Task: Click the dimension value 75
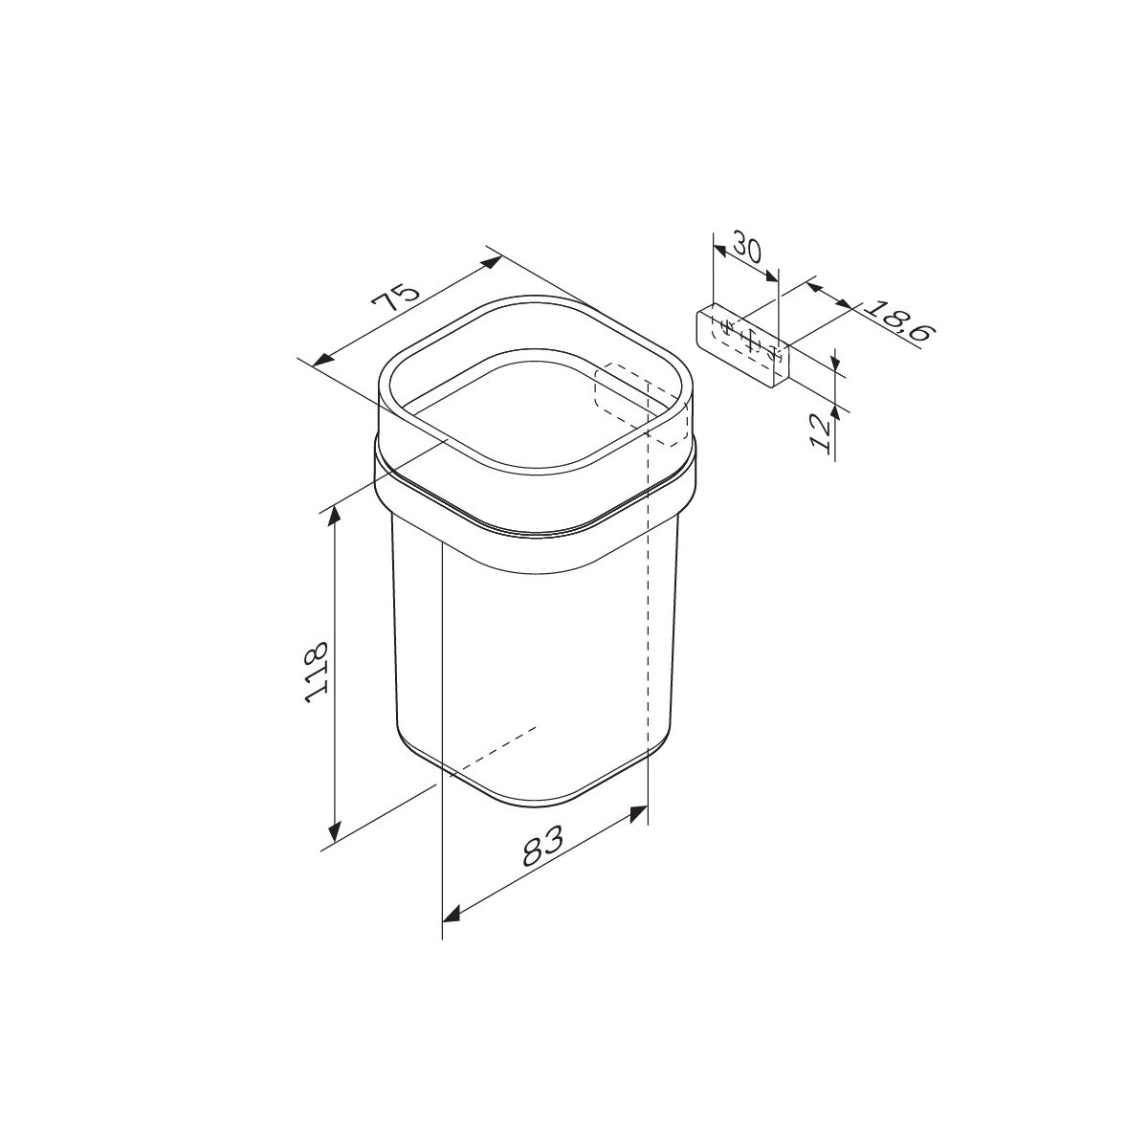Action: tap(396, 298)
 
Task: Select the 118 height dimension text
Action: tap(317, 672)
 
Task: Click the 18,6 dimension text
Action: tap(900, 321)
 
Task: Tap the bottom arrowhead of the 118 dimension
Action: tap(336, 829)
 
